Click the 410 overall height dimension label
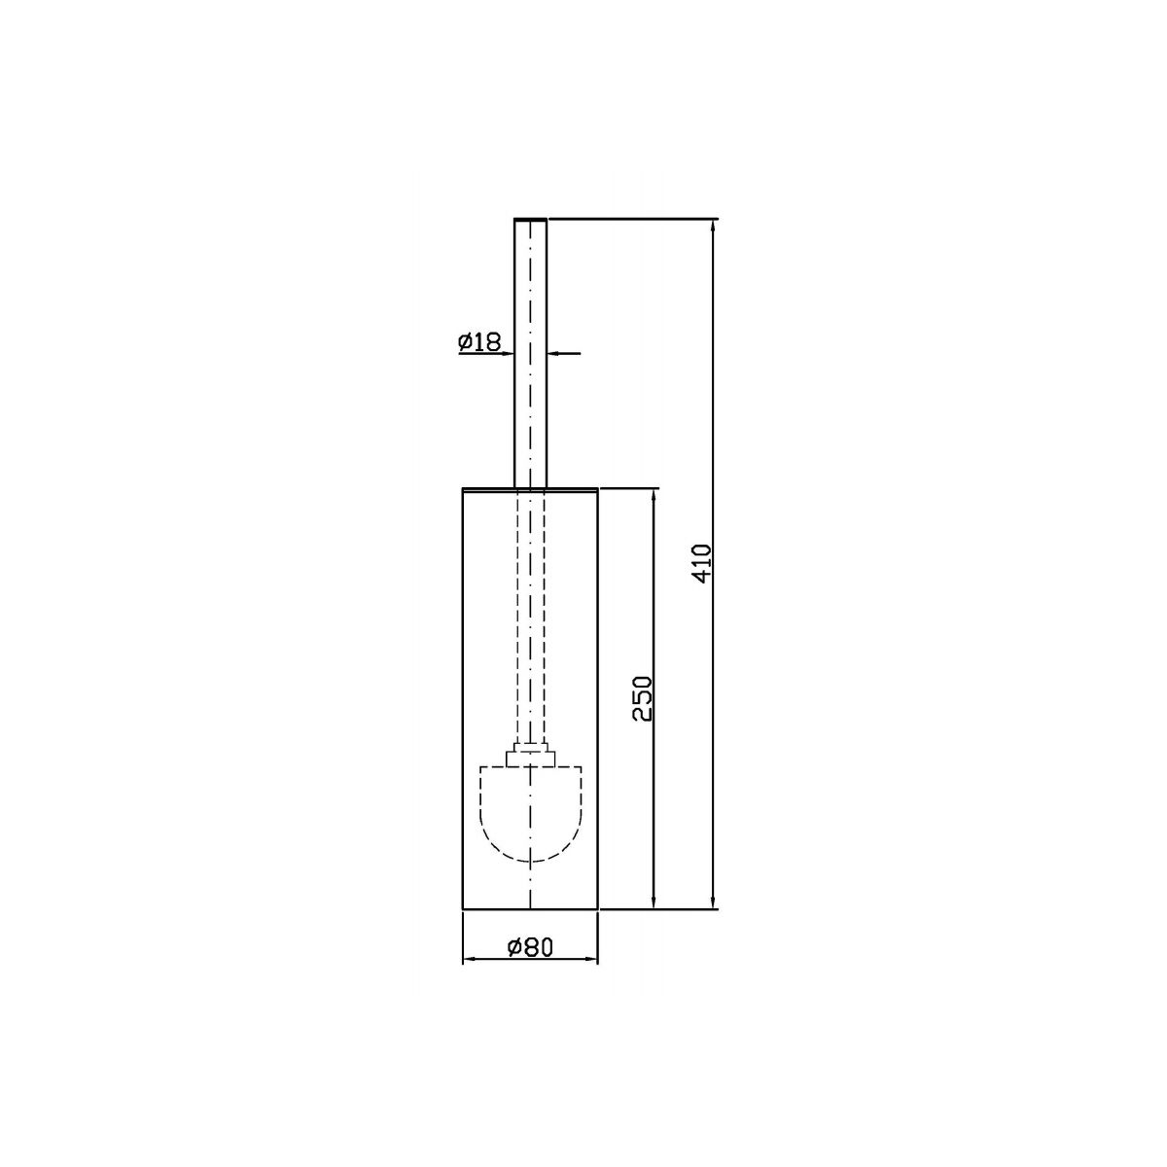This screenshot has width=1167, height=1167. [701, 563]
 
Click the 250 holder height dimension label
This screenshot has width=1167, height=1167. [642, 698]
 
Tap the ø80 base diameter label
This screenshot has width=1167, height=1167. [531, 946]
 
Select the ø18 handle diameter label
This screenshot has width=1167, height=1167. [479, 342]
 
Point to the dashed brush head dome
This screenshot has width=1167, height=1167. [531, 814]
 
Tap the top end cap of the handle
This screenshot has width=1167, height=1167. [531, 219]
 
